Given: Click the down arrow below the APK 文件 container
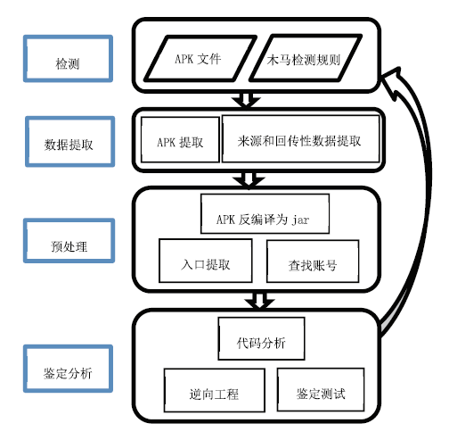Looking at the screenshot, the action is pos(246,100).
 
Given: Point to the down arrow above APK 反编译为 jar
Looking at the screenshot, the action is pos(249,179).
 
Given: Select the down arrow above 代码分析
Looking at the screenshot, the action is pos(259,301).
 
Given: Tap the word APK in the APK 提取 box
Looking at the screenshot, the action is pos(166,142).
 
